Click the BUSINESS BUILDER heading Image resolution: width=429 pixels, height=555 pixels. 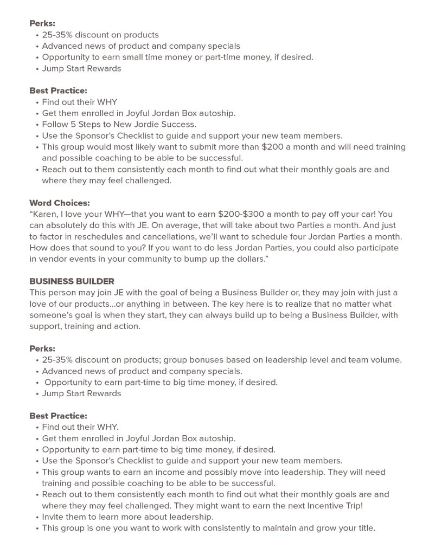[72, 281]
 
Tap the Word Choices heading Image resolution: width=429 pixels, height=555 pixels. [60, 203]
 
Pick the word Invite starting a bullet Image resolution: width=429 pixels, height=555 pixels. [54, 517]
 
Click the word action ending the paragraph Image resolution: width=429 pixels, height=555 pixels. [126, 326]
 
